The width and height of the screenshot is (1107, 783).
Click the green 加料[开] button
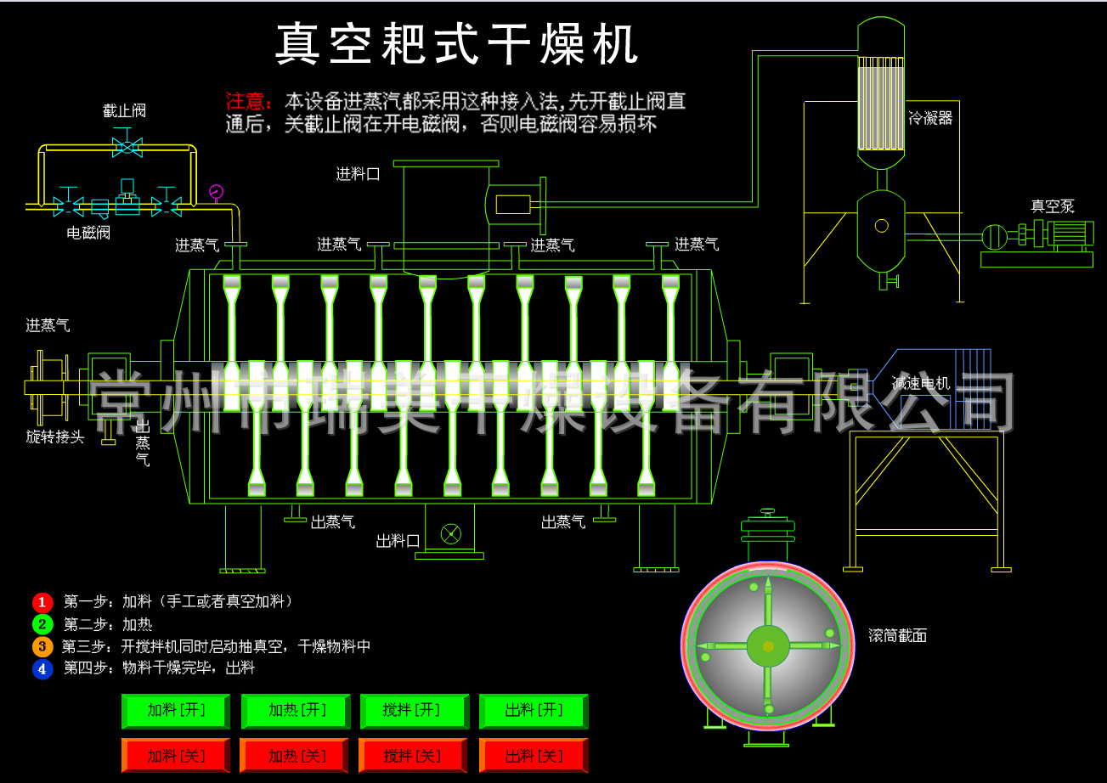[176, 711]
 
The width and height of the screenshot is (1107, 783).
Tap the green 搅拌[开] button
[414, 711]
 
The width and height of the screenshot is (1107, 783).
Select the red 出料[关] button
[533, 755]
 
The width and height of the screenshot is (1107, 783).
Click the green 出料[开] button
[533, 711]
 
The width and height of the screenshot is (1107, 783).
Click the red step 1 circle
[42, 602]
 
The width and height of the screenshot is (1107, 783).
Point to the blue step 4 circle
[42, 668]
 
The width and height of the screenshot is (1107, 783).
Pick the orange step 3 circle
[42, 646]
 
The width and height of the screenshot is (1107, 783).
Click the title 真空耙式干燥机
[456, 44]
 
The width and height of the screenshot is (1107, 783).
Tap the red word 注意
[247, 102]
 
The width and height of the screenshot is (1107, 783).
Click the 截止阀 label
[125, 111]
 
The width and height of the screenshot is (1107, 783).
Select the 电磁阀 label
[89, 233]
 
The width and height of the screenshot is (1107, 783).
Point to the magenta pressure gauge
[216, 191]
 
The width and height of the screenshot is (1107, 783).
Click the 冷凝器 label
[930, 118]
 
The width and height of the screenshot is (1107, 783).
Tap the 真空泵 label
[1053, 206]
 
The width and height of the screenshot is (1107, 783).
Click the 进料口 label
[357, 175]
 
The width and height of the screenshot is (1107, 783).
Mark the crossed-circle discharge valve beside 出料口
[450, 533]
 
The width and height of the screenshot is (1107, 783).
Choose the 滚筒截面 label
[897, 635]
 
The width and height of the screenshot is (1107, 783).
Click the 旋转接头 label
[55, 437]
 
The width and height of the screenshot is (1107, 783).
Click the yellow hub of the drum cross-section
[768, 646]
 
